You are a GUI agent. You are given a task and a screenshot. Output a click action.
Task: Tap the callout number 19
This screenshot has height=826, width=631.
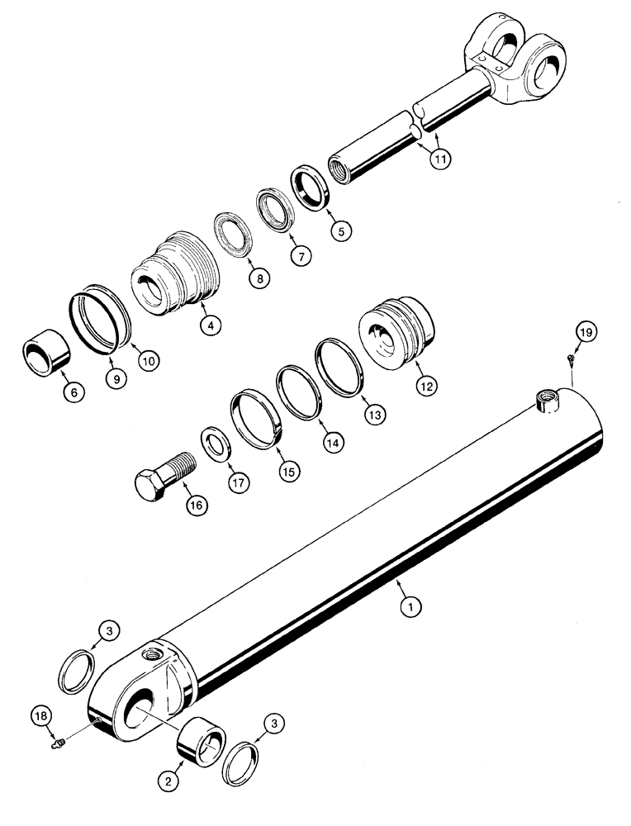coord(585,333)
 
